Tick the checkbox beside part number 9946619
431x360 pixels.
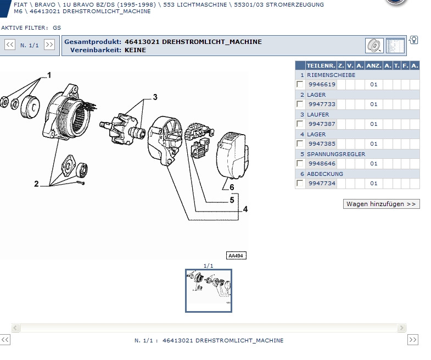(300, 84)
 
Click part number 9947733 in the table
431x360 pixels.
(321, 104)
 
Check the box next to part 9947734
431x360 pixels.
(300, 183)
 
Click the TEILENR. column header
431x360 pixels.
(321, 65)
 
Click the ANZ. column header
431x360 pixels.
(373, 65)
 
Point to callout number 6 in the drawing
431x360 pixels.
(232, 187)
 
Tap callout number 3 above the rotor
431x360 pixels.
(155, 97)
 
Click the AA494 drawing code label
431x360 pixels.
(236, 256)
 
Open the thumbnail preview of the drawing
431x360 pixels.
(209, 290)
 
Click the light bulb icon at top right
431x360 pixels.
(414, 40)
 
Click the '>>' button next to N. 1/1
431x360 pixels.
(49, 45)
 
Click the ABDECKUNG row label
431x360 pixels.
(325, 174)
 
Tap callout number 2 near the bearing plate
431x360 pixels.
(36, 184)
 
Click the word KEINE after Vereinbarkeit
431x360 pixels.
(135, 50)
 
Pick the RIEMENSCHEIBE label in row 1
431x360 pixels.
(331, 75)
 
